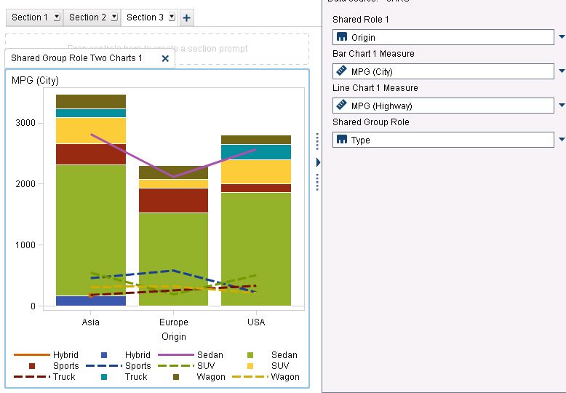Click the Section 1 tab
point(30,17)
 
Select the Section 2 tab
point(87,17)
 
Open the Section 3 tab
point(145,17)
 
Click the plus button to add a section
point(187,17)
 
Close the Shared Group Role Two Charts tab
point(165,58)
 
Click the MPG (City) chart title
point(36,80)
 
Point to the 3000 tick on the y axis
point(25,123)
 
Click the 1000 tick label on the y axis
point(25,245)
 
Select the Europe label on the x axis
point(173,322)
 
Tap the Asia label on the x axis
point(91,322)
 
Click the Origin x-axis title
point(174,336)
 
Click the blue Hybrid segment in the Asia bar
point(91,301)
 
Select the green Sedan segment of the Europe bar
point(173,258)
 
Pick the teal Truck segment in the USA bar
point(256,151)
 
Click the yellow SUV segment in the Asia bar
point(91,130)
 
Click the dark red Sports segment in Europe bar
point(173,200)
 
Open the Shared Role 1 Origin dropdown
point(561,37)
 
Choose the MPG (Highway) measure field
point(443,106)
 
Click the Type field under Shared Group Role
point(443,140)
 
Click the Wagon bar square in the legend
point(176,377)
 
